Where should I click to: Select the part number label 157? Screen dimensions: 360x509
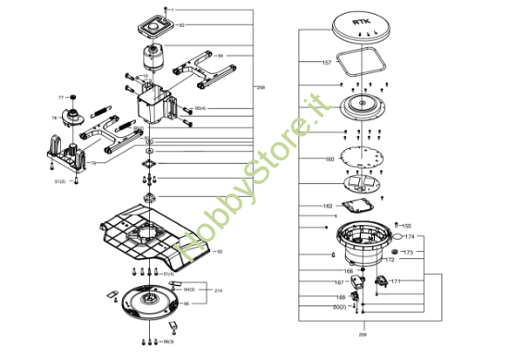pyautogui.click(x=326, y=62)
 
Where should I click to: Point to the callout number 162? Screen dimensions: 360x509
pyautogui.click(x=327, y=205)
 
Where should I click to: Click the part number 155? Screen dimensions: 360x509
pyautogui.click(x=406, y=226)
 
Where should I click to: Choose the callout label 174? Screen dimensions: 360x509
pyautogui.click(x=410, y=237)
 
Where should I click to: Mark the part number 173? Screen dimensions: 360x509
pyautogui.click(x=406, y=252)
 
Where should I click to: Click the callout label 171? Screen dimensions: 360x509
pyautogui.click(x=395, y=281)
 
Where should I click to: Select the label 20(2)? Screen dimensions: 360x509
pyautogui.click(x=340, y=306)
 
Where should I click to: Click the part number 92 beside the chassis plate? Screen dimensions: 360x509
pyautogui.click(x=219, y=251)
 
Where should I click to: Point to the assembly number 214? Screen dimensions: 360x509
pyautogui.click(x=218, y=291)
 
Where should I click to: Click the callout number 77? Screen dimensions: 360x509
pyautogui.click(x=61, y=96)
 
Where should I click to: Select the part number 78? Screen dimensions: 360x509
pyautogui.click(x=55, y=118)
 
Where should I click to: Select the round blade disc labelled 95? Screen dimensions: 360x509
pyautogui.click(x=144, y=301)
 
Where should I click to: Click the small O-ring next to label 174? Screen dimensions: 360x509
pyautogui.click(x=396, y=237)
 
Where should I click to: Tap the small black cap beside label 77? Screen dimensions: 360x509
pyautogui.click(x=72, y=96)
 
